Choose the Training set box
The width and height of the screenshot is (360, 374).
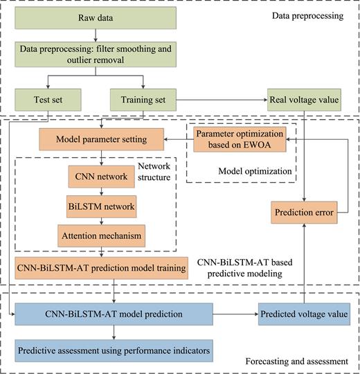142,100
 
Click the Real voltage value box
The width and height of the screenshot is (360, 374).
305,100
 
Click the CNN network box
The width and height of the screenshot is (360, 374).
102,177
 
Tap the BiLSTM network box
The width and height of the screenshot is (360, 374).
102,206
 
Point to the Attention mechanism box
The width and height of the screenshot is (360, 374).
102,235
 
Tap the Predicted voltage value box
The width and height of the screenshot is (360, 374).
305,314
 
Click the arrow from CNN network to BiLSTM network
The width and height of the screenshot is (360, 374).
102,191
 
